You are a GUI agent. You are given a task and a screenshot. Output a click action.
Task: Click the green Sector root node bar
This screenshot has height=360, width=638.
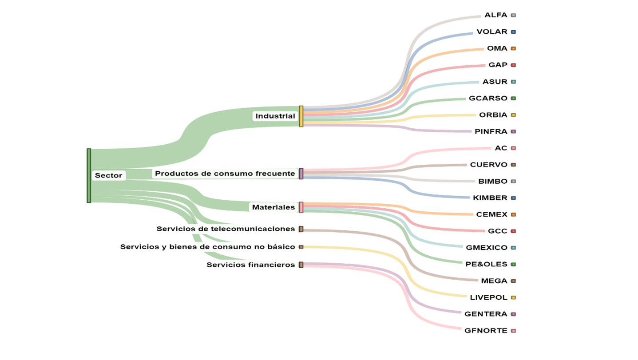click(x=89, y=176)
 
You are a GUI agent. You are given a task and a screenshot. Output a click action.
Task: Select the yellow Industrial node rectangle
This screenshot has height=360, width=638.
click(x=301, y=116)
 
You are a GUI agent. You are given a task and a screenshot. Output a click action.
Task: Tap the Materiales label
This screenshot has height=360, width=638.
click(x=273, y=207)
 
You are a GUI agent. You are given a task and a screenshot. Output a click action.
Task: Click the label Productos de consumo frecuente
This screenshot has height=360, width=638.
click(x=225, y=174)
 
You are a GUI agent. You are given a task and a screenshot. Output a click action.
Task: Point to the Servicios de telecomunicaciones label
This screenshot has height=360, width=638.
click(x=226, y=229)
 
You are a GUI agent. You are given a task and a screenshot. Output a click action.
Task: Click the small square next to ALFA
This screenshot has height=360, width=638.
click(x=513, y=16)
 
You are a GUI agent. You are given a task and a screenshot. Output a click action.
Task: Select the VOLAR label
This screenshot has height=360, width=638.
click(x=491, y=32)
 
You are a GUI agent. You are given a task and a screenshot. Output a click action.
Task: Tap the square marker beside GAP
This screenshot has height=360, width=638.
click(x=513, y=65)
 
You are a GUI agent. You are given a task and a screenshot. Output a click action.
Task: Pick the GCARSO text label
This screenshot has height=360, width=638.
click(x=488, y=99)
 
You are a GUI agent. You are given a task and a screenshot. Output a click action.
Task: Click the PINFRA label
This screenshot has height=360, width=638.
click(x=491, y=132)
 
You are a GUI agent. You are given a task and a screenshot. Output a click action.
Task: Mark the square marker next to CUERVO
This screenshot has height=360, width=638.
click(x=513, y=165)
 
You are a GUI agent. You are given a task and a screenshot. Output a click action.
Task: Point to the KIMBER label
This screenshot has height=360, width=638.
click(x=490, y=198)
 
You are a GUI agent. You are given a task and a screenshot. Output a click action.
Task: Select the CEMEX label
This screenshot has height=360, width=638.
click(x=491, y=215)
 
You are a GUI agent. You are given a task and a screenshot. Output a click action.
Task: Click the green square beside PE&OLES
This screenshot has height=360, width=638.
click(x=513, y=265)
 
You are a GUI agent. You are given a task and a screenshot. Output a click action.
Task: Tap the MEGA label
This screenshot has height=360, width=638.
click(x=494, y=281)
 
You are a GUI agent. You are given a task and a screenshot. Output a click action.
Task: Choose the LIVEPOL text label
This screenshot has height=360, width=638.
click(x=488, y=298)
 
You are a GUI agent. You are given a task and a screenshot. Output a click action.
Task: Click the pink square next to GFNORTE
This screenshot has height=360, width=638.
click(x=513, y=331)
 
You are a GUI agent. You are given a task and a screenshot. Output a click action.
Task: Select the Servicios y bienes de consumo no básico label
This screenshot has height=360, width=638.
click(x=207, y=247)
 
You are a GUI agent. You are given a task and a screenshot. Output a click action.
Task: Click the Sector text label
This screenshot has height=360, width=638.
click(x=108, y=176)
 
